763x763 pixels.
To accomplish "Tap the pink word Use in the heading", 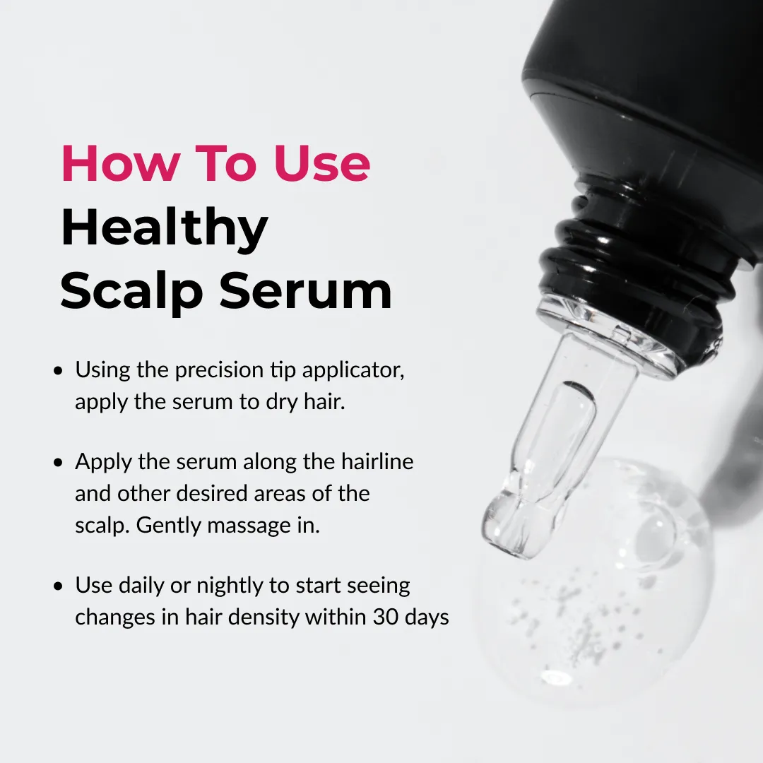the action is tap(321, 163).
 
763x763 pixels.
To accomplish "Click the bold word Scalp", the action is tap(131, 291).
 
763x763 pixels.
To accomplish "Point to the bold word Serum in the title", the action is tap(305, 291).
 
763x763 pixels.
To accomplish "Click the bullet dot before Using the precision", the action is tap(59, 372).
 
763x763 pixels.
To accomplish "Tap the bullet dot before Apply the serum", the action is tap(59, 462).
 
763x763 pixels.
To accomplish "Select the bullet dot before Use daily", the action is tap(59, 586).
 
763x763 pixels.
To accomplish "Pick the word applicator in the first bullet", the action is tap(353, 371).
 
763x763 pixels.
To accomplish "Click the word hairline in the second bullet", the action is tap(377, 461).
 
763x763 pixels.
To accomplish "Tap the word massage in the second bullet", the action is tap(249, 526).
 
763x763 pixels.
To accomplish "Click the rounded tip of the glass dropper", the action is tap(506, 528).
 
